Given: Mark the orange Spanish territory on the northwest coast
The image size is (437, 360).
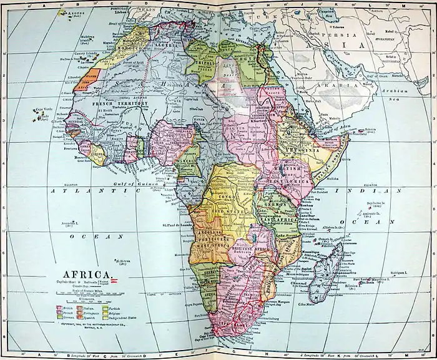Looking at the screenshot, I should point(87,79).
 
